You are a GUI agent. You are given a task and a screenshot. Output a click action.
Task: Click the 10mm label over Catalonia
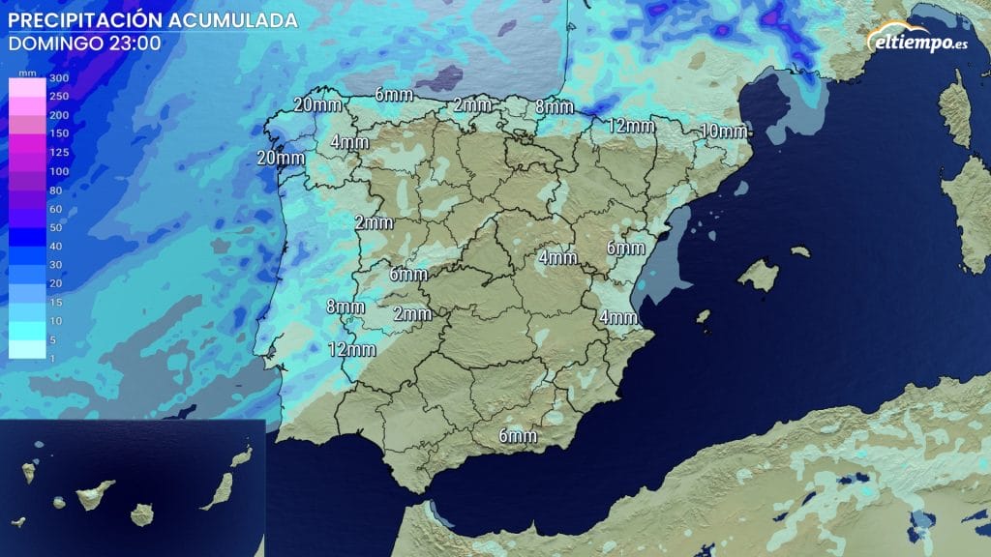[723, 132]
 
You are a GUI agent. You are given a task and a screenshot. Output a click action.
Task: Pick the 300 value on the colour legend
[58, 77]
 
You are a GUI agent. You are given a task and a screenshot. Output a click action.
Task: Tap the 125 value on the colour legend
[58, 153]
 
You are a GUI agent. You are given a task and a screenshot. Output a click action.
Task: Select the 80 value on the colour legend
[55, 191]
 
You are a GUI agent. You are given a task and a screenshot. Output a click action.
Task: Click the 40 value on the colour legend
[55, 247]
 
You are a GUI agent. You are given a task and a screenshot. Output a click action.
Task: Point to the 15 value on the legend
[55, 303]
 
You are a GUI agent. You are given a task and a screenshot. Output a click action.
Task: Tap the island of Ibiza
[704, 316]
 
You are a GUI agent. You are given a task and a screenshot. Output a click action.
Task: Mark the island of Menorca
[799, 251]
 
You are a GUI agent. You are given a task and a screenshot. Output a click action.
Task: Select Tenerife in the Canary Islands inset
[95, 494]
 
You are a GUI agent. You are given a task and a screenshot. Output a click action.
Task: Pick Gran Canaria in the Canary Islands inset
[142, 513]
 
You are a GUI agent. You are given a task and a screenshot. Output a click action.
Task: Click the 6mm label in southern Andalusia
[518, 436]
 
